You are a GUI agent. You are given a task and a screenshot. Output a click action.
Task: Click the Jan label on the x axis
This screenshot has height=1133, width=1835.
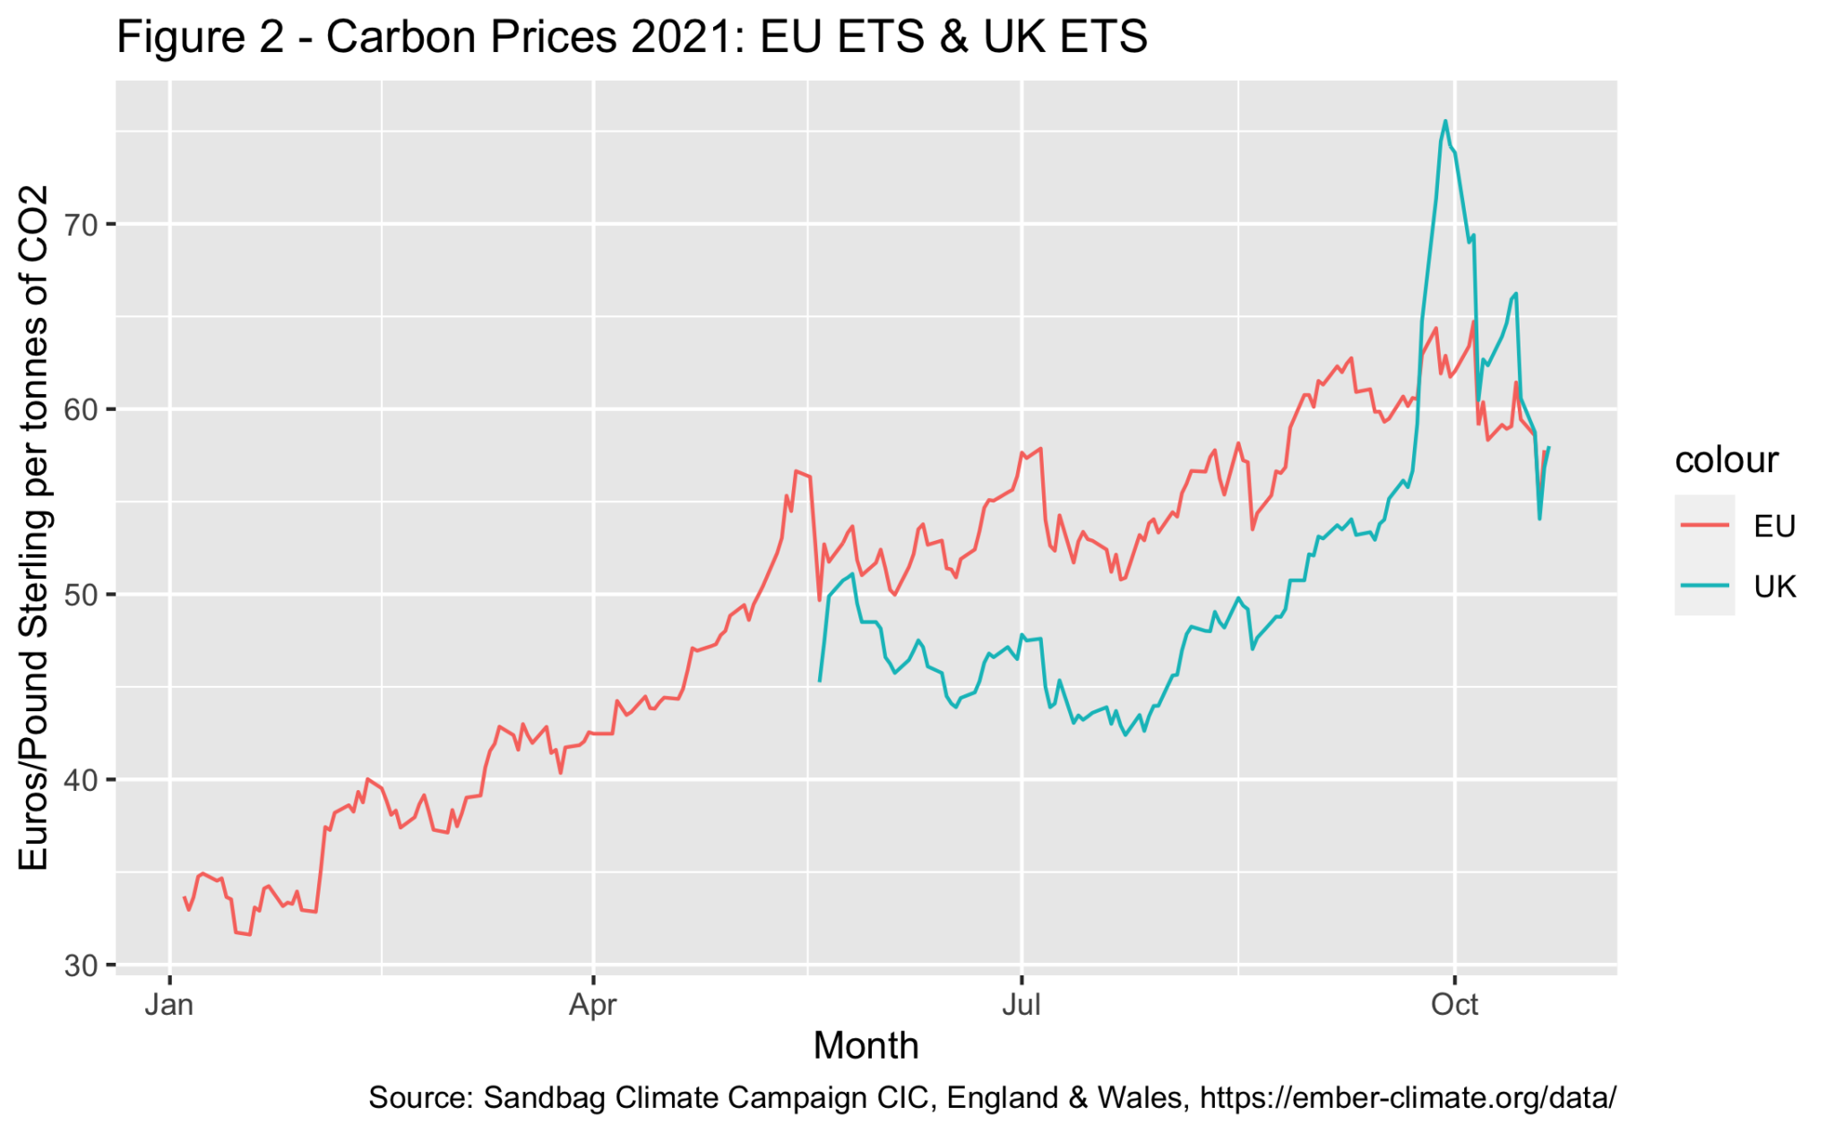(169, 1005)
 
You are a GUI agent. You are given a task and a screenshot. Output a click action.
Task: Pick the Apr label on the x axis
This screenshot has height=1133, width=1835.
(593, 1005)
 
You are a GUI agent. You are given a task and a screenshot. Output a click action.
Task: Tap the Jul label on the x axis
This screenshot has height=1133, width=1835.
(1021, 1005)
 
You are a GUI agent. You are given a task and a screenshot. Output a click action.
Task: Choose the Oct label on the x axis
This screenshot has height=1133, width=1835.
(1454, 1005)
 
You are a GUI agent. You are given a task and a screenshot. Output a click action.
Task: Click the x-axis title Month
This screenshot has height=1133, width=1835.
(866, 1046)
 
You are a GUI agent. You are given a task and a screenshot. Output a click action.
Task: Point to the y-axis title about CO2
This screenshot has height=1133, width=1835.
(34, 528)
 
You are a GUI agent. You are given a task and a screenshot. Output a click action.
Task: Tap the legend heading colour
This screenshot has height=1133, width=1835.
(1726, 459)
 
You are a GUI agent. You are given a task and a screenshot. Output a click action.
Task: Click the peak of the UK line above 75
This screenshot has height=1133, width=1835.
(1445, 122)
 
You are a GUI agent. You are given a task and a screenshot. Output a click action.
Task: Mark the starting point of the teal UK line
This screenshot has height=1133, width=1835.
(820, 681)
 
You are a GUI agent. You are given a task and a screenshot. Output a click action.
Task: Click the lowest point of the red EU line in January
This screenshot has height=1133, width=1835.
(249, 934)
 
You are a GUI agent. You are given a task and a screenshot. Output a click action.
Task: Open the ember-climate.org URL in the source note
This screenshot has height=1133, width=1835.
(1408, 1098)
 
